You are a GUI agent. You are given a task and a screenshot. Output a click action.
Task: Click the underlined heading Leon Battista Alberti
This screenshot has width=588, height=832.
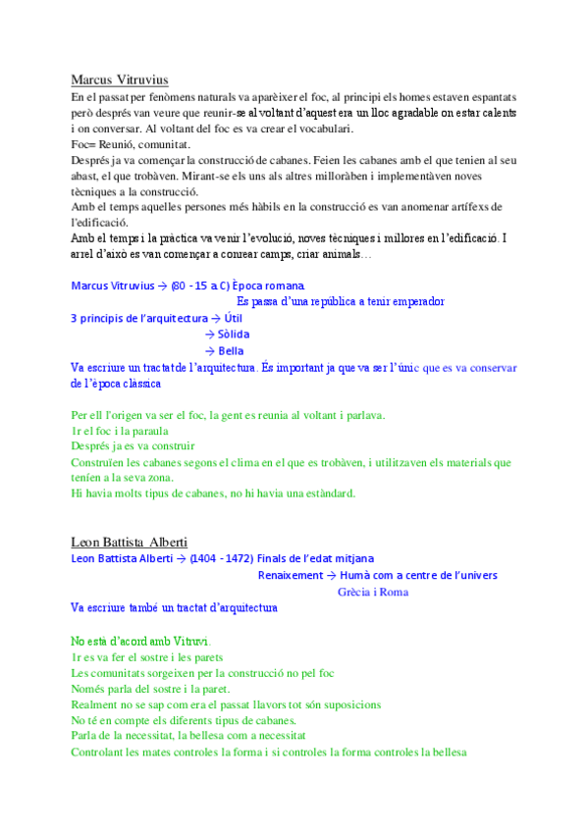click(130, 542)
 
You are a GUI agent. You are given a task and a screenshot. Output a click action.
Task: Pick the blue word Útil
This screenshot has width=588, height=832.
click(234, 319)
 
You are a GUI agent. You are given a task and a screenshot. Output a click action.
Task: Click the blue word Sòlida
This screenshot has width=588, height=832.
click(234, 335)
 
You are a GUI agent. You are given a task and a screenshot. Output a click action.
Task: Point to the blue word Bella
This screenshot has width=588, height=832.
click(232, 350)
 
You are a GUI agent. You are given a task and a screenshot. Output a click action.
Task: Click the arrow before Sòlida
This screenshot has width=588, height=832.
click(209, 335)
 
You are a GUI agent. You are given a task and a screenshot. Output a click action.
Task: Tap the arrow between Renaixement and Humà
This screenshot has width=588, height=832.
click(331, 575)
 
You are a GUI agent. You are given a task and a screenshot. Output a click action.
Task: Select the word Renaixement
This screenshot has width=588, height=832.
click(290, 575)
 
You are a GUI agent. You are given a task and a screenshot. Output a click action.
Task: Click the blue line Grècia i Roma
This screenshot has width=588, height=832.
click(372, 592)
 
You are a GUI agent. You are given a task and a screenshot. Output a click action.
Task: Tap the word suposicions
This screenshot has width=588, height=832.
click(347, 704)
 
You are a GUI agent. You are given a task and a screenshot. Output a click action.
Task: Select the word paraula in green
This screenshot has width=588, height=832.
click(151, 430)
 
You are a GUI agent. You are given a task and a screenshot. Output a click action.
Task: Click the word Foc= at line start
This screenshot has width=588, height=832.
click(83, 143)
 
